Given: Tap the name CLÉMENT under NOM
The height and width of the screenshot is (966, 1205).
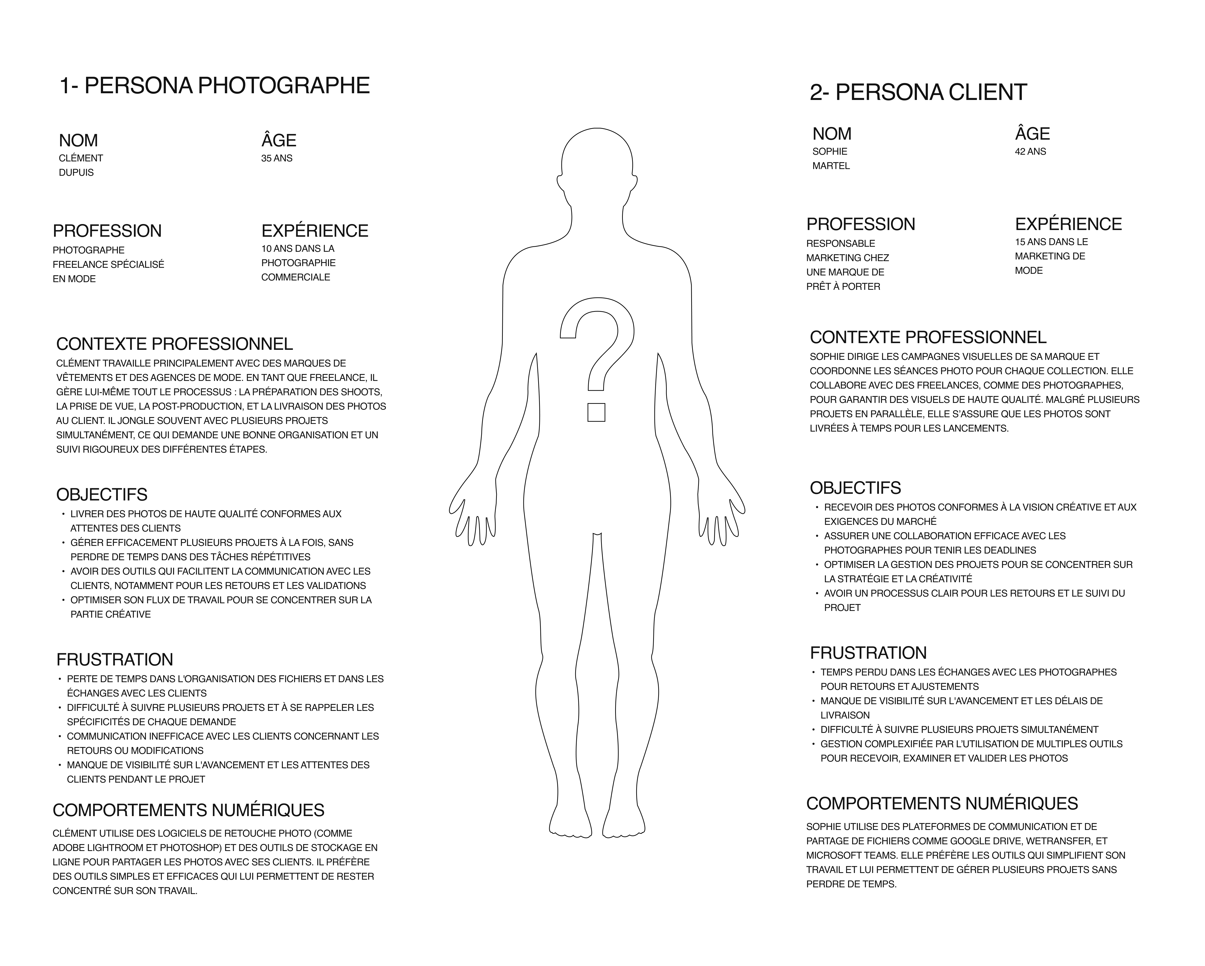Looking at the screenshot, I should pos(81,158).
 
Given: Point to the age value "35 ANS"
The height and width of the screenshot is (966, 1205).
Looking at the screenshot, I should pos(277,158).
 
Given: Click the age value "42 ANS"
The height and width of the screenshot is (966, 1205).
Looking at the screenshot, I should pos(1030,152).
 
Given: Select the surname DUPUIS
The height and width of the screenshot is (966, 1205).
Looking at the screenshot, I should pos(77,173).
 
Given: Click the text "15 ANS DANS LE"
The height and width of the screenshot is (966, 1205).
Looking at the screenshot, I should pos(1051,242).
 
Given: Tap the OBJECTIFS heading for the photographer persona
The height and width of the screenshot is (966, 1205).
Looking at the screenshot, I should pos(102,495).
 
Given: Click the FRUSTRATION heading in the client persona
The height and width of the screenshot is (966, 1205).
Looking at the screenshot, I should pos(868,653).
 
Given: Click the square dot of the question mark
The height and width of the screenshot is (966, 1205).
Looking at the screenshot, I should pos(596,412).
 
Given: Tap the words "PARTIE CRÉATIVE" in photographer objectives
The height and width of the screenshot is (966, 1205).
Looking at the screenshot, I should pos(111,614).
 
